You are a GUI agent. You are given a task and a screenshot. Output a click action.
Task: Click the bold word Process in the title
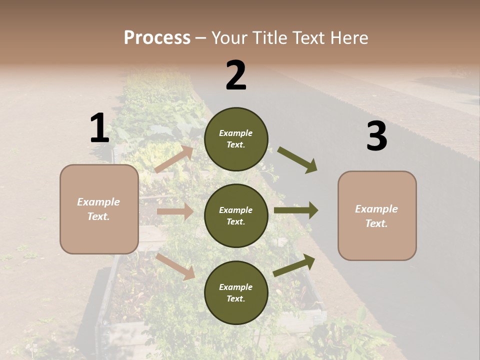(157, 38)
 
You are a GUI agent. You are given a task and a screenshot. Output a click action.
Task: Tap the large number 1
(99, 128)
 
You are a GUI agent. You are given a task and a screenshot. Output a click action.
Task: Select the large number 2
(236, 75)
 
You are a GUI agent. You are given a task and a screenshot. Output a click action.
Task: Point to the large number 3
(376, 136)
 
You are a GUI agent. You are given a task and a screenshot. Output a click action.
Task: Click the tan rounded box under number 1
(99, 209)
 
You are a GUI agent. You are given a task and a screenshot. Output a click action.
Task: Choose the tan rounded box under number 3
(377, 215)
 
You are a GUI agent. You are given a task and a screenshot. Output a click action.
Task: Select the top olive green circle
(236, 139)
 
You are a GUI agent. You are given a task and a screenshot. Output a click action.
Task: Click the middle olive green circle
(236, 215)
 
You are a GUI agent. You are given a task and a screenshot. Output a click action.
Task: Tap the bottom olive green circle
(236, 292)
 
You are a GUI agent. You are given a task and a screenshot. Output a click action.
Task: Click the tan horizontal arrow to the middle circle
(175, 211)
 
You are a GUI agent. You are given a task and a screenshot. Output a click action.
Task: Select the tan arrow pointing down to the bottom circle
(175, 266)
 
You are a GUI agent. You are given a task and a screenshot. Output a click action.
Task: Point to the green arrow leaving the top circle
(297, 160)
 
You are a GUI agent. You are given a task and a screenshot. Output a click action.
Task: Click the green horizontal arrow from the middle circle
(296, 210)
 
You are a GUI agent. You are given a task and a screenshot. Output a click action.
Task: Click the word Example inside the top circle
(236, 133)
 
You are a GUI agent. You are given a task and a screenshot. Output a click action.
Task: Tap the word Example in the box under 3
(376, 209)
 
